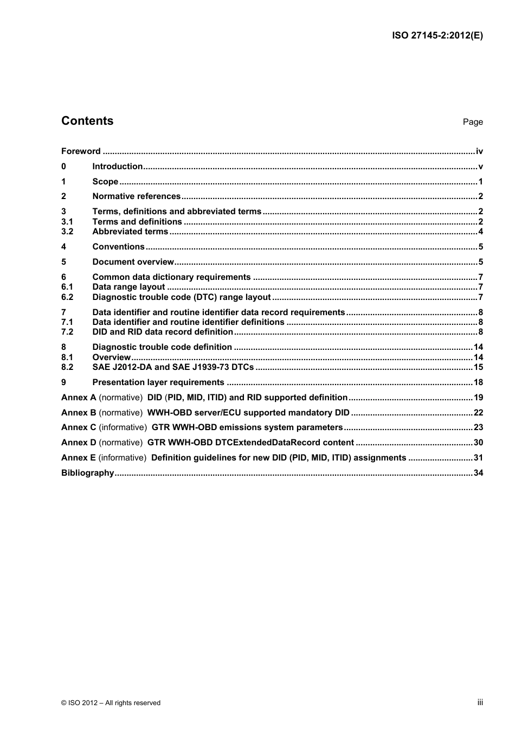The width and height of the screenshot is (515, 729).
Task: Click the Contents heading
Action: click(x=87, y=121)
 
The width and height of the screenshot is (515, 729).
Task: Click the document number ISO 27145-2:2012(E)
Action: click(x=437, y=36)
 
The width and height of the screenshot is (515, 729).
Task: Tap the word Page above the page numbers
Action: click(x=473, y=122)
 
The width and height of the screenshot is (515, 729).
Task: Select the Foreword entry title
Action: click(x=81, y=151)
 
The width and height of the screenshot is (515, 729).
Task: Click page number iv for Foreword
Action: click(x=479, y=151)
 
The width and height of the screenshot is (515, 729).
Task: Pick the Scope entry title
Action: click(x=105, y=182)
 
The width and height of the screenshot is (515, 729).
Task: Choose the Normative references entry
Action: click(x=137, y=196)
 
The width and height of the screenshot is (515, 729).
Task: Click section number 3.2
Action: click(x=67, y=232)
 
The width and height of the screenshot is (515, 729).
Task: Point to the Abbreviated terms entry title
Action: click(x=130, y=232)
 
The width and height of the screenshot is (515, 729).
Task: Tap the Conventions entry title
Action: click(x=118, y=247)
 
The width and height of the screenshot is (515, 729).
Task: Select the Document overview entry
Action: click(x=133, y=262)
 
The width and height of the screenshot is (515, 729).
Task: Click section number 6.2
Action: click(x=67, y=297)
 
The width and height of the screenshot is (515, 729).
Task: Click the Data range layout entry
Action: click(x=128, y=287)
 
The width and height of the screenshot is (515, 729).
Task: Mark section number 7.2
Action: click(x=67, y=332)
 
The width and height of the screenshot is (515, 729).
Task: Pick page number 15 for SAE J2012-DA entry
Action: click(x=478, y=367)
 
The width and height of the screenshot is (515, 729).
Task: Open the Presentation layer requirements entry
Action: click(x=158, y=382)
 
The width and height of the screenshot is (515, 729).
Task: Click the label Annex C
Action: click(x=79, y=427)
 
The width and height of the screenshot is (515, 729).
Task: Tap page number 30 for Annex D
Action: click(x=478, y=443)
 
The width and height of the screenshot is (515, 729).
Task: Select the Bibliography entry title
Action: click(x=88, y=473)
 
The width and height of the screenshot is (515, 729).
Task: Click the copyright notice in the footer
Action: click(x=111, y=703)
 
